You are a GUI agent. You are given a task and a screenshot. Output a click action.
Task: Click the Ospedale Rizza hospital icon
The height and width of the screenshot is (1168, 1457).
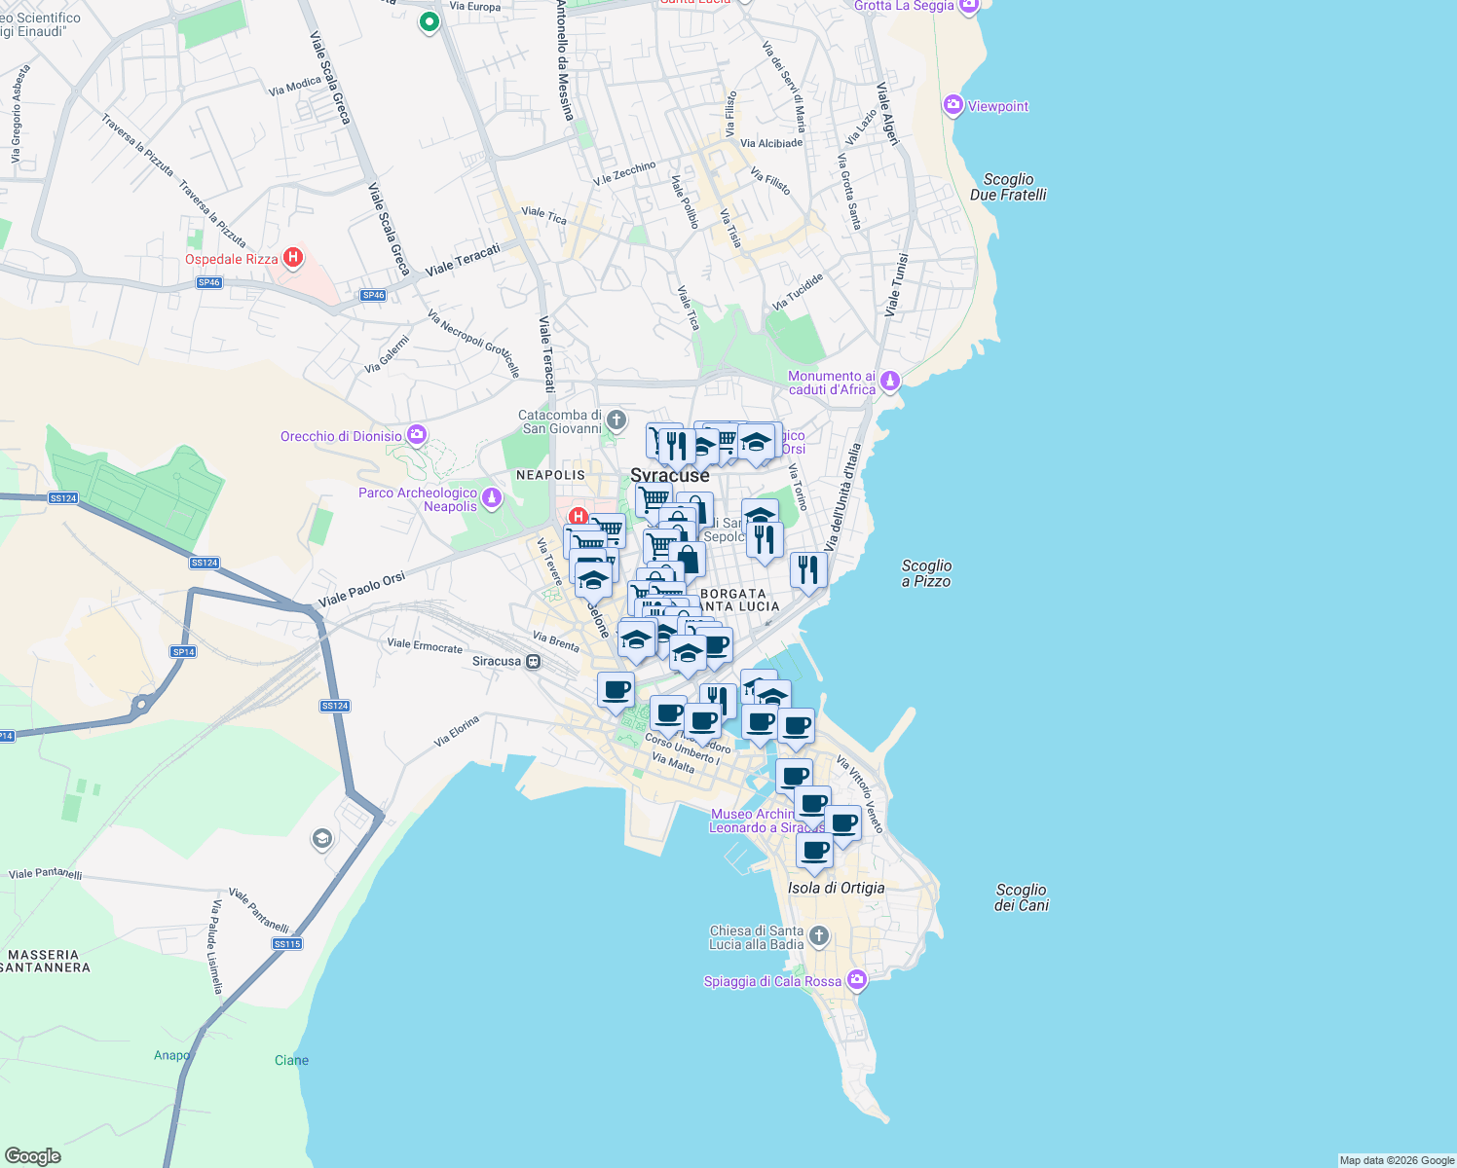292,258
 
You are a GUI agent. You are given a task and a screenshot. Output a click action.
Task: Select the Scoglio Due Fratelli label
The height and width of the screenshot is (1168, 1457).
1008,187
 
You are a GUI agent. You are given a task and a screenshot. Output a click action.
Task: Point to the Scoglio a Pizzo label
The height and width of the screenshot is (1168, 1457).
926,573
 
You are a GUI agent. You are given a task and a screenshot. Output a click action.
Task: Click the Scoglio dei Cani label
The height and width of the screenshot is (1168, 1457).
1021,897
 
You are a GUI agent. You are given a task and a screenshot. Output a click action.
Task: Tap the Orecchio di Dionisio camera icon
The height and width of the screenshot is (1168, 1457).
417,435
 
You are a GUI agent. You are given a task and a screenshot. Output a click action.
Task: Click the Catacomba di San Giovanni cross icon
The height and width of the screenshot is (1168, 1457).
616,420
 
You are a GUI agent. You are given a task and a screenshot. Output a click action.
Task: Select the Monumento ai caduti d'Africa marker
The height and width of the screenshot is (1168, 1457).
889,383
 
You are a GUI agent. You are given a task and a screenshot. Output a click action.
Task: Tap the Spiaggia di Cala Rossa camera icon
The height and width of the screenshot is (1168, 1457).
856,979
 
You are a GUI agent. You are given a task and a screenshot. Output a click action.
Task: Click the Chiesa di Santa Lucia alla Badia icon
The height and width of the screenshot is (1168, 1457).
819,936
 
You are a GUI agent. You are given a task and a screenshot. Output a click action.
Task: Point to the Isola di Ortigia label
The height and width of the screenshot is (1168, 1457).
836,888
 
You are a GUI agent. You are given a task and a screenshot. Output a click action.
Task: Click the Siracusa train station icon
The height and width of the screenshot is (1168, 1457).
533,662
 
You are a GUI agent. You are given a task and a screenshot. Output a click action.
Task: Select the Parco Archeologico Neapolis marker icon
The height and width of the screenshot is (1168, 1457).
492,498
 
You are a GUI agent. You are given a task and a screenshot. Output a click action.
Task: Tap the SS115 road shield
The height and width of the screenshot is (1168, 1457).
287,944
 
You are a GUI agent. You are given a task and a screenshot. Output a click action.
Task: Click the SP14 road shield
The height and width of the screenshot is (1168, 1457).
183,652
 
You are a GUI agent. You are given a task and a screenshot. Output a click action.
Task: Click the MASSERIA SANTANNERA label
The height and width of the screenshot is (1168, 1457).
45,961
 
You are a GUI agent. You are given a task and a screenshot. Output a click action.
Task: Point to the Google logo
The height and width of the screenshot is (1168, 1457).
32,1155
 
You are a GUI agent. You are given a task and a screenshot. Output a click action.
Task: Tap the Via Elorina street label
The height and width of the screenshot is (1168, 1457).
457,731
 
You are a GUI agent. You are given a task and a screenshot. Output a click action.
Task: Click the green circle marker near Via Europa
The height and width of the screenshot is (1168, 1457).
429,21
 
